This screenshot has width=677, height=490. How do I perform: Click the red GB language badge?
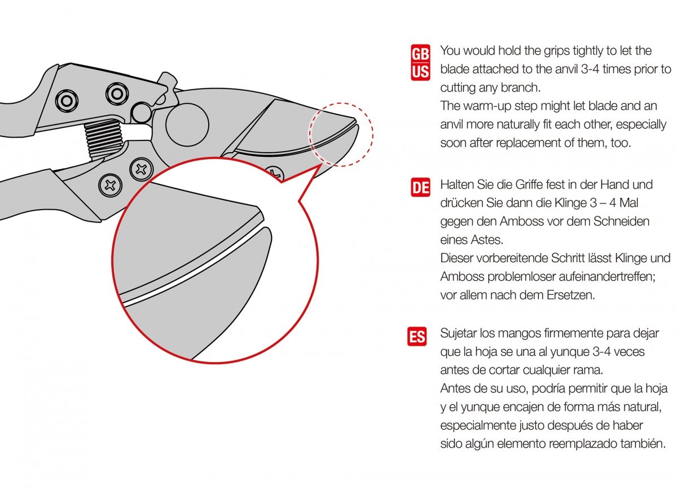click(420, 54)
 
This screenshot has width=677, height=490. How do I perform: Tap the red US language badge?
click(420, 72)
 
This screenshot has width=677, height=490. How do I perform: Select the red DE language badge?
click(420, 187)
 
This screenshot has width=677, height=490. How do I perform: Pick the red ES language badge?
click(417, 336)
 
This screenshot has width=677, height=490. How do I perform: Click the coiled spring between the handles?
click(104, 139)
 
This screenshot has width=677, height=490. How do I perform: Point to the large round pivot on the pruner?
click(187, 125)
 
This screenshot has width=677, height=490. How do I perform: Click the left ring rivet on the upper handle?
click(67, 100)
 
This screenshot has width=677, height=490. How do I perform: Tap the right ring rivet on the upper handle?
click(117, 94)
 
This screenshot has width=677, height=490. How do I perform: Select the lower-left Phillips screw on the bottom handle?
click(111, 185)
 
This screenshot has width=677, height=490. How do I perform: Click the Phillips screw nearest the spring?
click(141, 169)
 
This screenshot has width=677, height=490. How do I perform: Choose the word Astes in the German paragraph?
click(487, 240)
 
